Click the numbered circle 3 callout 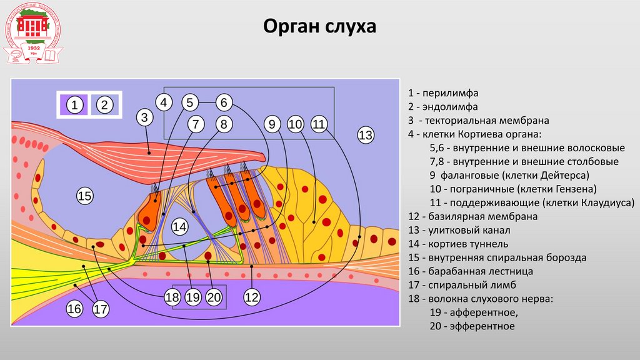[x=144, y=117]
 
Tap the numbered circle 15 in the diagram [x=84, y=197]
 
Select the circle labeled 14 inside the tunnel [x=180, y=227]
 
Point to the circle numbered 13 [x=366, y=134]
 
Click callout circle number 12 [x=251, y=298]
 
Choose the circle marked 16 [x=74, y=309]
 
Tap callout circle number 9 [x=272, y=124]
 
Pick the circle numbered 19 [x=193, y=298]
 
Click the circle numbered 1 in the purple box [x=74, y=105]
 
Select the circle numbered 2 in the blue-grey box [x=105, y=105]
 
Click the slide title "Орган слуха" [x=319, y=27]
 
